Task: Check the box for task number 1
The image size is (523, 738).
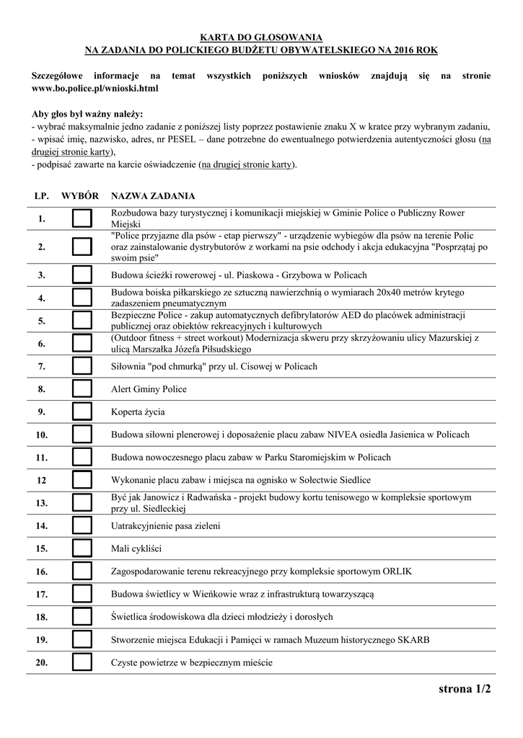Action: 82,218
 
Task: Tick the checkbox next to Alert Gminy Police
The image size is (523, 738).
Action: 82,389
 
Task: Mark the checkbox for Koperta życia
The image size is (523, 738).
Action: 82,412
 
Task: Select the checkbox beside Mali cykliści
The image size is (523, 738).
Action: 82,548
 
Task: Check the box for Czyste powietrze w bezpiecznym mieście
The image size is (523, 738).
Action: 82,662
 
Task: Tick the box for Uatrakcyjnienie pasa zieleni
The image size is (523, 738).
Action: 82,526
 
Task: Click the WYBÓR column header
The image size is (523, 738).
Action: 80,195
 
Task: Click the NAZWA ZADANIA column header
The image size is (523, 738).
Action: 152,195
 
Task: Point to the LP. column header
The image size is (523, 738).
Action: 41,195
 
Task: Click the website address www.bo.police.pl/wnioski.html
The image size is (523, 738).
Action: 95,88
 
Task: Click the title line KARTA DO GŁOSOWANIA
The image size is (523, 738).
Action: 261,37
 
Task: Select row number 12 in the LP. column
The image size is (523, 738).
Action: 41,480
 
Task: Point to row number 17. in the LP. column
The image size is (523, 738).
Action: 41,595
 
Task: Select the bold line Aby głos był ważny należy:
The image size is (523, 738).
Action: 88,115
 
